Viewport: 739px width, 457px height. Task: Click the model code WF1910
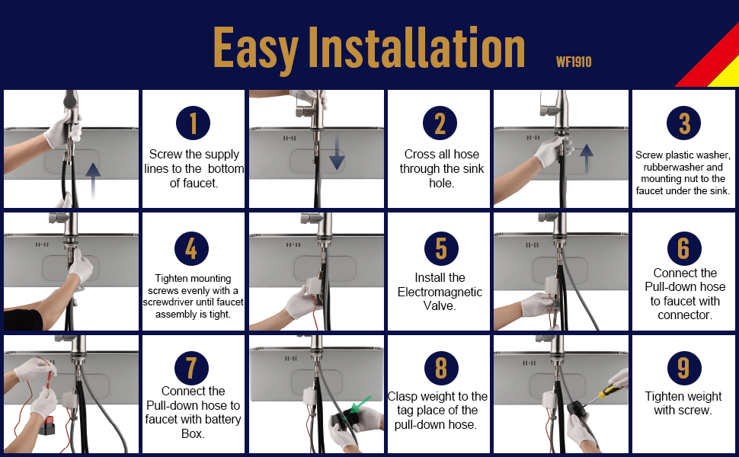pyautogui.click(x=574, y=62)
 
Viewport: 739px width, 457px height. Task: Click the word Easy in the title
pyautogui.click(x=255, y=47)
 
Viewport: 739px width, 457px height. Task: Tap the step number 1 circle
pyautogui.click(x=193, y=123)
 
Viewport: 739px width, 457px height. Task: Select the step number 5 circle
pyautogui.click(x=441, y=248)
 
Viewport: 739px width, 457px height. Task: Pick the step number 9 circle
pyautogui.click(x=684, y=368)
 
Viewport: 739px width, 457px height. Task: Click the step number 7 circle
pyautogui.click(x=191, y=368)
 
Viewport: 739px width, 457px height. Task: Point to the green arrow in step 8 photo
pyautogui.click(x=360, y=403)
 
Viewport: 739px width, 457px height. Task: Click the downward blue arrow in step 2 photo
pyautogui.click(x=337, y=151)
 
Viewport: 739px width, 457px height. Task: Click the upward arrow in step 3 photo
pyautogui.click(x=587, y=158)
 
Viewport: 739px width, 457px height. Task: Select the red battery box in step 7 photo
pyautogui.click(x=46, y=426)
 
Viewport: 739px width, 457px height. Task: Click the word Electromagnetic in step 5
pyautogui.click(x=440, y=292)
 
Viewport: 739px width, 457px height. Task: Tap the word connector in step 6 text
pyautogui.click(x=684, y=315)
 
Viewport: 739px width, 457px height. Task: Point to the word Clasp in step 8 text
pyautogui.click(x=402, y=397)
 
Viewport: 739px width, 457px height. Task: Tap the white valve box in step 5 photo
pyautogui.click(x=314, y=287)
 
